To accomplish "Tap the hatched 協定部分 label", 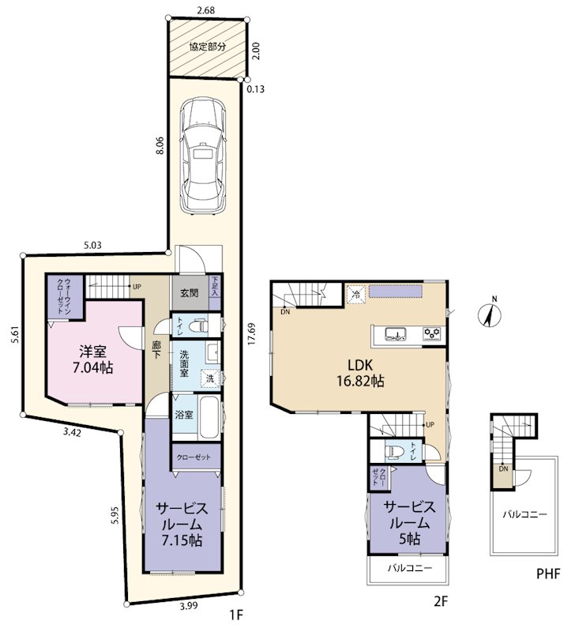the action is pos(208,47).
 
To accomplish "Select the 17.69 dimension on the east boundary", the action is pos(252,333).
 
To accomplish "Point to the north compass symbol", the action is pos(489,313).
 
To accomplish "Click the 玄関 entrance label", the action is pos(189,293).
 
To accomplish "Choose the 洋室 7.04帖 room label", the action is pos(92,359).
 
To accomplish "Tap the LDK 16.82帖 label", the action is pos(360,372).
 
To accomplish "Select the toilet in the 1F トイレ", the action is pos(199,325).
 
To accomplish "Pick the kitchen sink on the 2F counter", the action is pos(395,334).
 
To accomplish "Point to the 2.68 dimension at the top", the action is pos(206,10).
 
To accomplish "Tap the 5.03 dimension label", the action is pos(92,245).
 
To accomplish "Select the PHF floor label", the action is pos(548,574).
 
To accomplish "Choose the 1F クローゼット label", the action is pos(194,457).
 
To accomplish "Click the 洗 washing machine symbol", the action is pos(210,378).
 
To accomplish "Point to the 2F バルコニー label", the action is pos(410,568).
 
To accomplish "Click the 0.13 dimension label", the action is pos(255,89).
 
